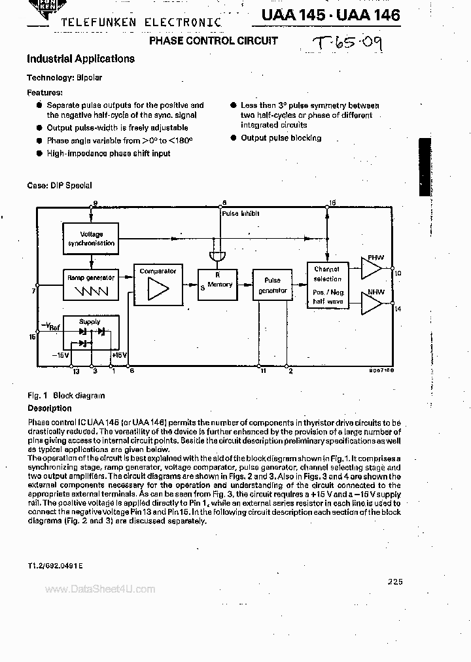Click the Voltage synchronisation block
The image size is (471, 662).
point(92,238)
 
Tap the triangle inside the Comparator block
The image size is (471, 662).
point(158,288)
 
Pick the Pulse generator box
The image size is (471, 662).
point(272,285)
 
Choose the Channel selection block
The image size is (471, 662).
point(327,284)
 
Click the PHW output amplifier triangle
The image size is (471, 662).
point(372,268)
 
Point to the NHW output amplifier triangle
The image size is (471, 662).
point(372,302)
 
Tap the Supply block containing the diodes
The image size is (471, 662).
point(90,332)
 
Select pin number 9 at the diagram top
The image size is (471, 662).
point(94,203)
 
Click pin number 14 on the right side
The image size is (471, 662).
point(398,307)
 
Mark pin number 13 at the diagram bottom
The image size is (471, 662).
point(76,372)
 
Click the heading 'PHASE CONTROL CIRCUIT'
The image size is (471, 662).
point(214,41)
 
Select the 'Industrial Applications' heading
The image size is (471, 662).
point(80,58)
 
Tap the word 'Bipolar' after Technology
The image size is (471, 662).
point(89,78)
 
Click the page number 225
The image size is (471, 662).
point(395,581)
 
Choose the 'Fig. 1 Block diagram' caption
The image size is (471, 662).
point(65,395)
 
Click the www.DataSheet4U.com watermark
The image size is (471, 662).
point(100,589)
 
